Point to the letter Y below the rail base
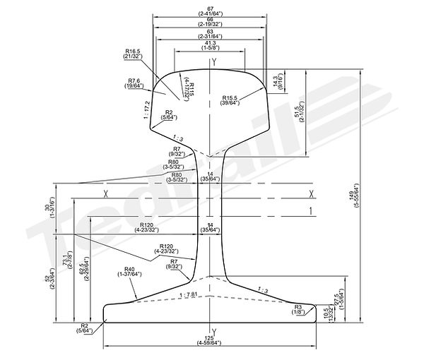[x=213, y=331]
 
